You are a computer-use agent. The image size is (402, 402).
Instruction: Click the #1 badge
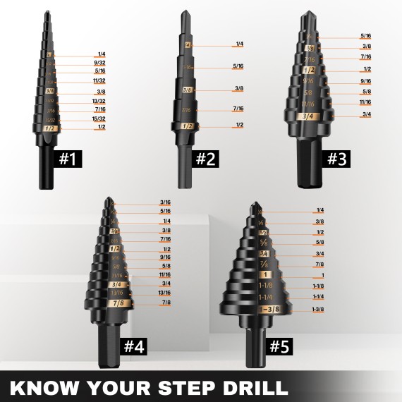67,159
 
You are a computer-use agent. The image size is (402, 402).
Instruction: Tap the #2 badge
205,159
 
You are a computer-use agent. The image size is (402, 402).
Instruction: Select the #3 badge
338,159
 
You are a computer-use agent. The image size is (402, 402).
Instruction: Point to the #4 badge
135,346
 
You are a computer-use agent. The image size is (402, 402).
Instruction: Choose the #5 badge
279,346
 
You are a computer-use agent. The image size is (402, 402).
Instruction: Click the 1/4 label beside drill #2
239,44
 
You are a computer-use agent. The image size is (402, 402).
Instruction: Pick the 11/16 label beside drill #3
366,102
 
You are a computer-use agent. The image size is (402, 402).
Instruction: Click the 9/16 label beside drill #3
366,80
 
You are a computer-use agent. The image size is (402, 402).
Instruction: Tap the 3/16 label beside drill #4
165,202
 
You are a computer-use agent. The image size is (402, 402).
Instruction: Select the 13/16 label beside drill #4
165,293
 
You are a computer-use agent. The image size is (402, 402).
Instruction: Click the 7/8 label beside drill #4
165,303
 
